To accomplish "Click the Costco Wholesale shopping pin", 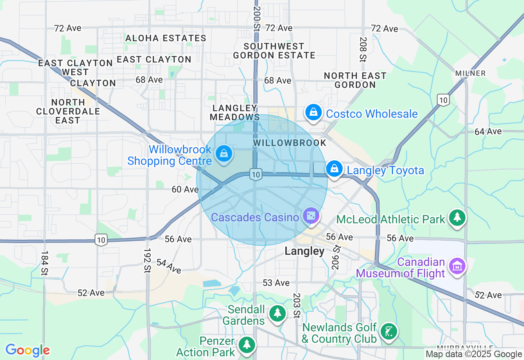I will pos(313,112).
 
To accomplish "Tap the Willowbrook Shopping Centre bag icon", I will pos(224,154).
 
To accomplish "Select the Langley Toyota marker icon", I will pos(334,169).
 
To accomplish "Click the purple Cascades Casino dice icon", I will pos(311,216).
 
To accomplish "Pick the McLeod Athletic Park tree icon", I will pos(457,217).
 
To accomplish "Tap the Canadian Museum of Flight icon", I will pos(457,265).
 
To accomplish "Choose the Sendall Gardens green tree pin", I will pos(277,313).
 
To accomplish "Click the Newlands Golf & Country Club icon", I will pos(388,331).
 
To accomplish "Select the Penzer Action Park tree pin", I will pos(246,344).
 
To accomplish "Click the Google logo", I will pos(27,350).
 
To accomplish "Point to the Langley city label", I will pos(304,251).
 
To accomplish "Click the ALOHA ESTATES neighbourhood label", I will pos(166,38).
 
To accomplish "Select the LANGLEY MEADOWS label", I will pos(235,112).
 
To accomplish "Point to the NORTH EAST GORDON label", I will pos(355,80).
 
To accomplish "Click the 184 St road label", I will pos(45,263).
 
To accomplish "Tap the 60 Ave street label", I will pos(185,189).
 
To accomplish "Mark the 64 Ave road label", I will pos(488,131).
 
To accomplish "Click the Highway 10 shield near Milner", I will pos(443,99).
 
